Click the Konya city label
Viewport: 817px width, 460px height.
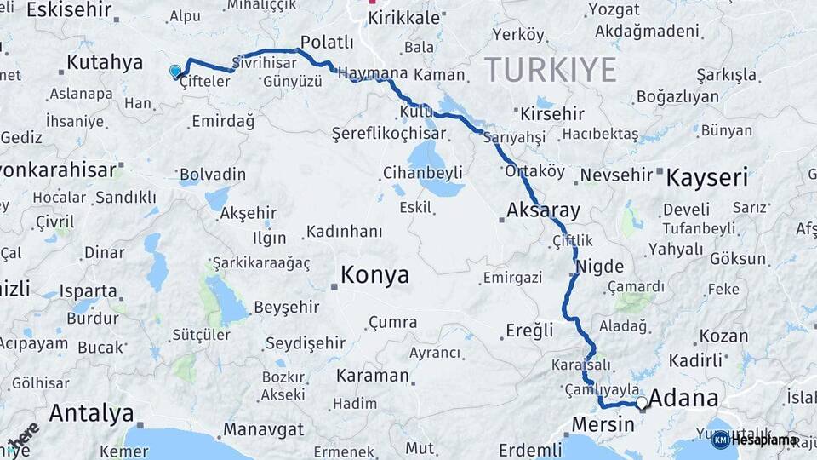374,275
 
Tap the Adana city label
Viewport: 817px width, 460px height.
683,399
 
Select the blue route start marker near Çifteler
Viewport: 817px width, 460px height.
175,72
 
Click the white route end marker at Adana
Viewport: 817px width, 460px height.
641,401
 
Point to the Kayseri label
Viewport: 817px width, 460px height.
706,178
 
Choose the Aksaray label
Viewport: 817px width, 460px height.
543,210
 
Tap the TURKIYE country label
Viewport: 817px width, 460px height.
550,70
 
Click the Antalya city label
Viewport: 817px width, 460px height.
91,413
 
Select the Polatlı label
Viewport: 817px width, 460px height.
327,43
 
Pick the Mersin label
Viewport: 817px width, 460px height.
603,423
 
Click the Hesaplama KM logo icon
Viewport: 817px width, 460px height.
721,440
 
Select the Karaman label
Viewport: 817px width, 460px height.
372,375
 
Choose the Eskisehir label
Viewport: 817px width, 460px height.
70,10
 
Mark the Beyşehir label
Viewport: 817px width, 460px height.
288,307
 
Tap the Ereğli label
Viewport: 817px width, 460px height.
529,330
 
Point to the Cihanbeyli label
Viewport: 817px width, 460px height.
423,173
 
